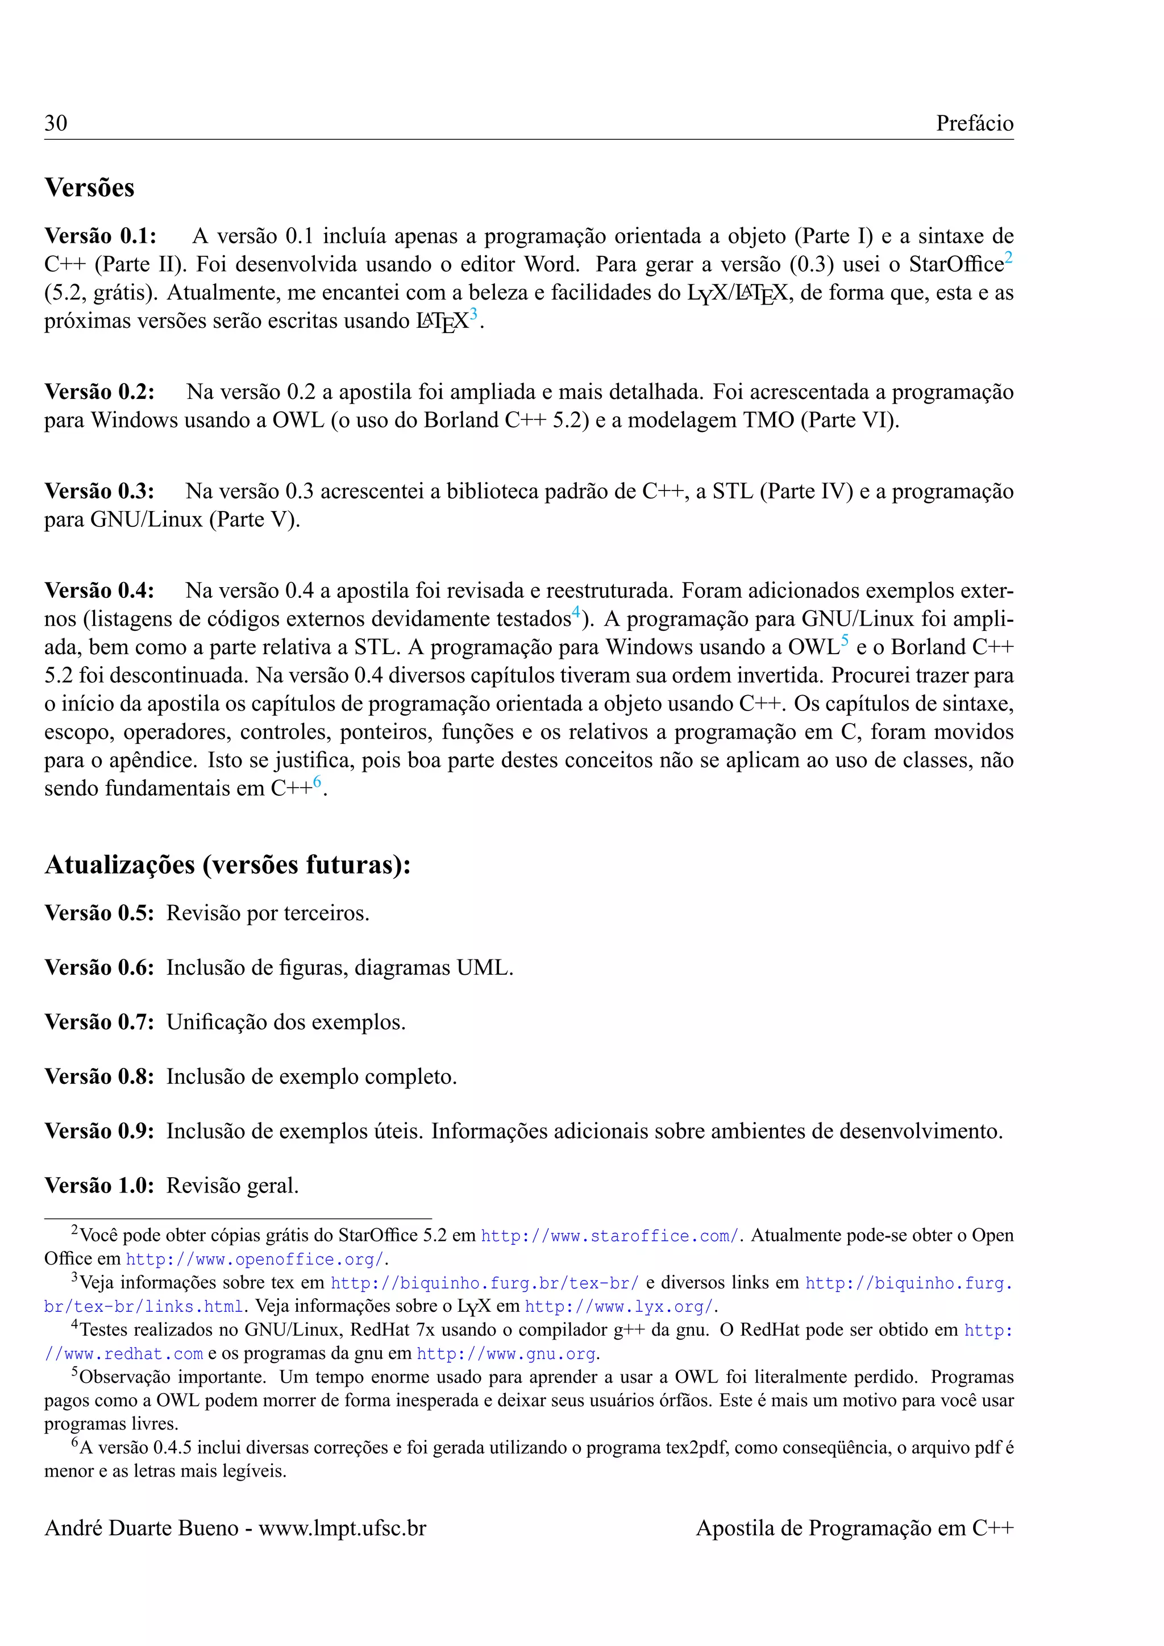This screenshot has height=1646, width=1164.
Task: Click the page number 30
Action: click(x=56, y=123)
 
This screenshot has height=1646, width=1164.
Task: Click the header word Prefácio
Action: click(x=974, y=123)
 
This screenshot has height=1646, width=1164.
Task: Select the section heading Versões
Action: click(x=90, y=188)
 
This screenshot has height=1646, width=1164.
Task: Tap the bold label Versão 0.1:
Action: click(x=101, y=236)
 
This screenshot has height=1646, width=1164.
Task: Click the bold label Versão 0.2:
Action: click(x=99, y=392)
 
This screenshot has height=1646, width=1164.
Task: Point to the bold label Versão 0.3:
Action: click(x=99, y=491)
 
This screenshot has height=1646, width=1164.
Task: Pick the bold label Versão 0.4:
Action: click(x=99, y=591)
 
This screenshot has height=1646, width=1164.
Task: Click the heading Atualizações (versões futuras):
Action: click(x=228, y=864)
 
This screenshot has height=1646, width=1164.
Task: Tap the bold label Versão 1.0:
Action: click(x=99, y=1185)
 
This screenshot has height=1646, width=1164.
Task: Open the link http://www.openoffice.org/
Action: click(x=255, y=1260)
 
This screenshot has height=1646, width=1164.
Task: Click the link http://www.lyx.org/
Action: click(x=620, y=1307)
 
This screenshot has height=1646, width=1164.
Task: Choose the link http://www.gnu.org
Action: click(x=506, y=1354)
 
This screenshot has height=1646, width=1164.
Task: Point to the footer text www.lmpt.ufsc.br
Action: click(x=343, y=1528)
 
